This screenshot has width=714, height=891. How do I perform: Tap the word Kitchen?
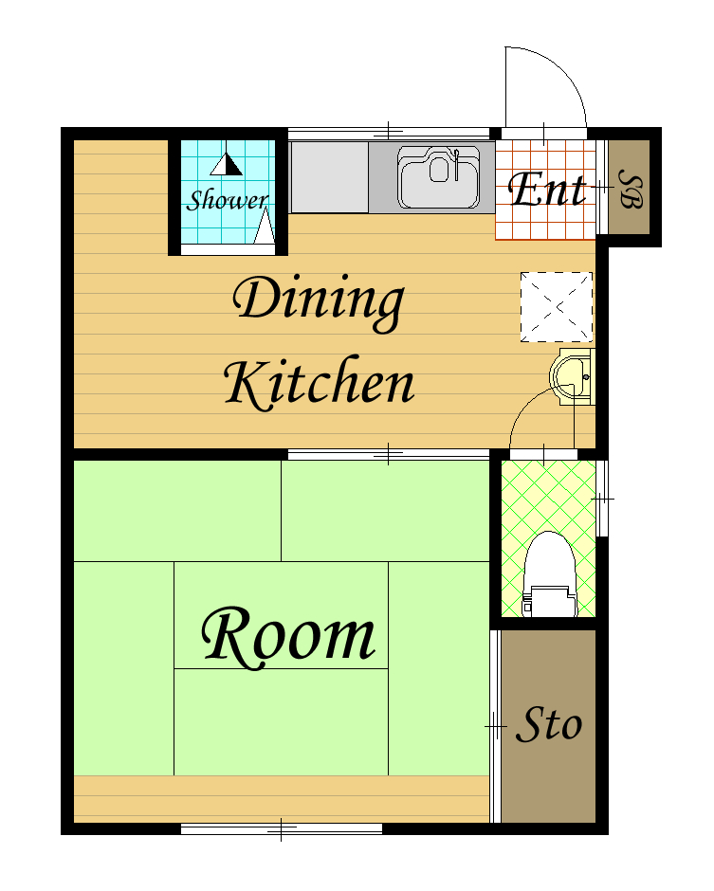tap(319, 382)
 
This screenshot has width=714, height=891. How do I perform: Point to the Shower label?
tap(228, 200)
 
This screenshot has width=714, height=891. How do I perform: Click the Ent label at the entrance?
tap(546, 189)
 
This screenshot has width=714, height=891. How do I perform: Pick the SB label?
tap(631, 189)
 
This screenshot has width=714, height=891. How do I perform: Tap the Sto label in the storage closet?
tap(549, 724)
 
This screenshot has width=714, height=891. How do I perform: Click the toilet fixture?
tap(549, 573)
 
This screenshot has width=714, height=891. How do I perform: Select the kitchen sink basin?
tap(438, 177)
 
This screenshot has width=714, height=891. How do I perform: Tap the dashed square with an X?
tap(557, 307)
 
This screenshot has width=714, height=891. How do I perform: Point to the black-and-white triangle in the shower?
tap(227, 164)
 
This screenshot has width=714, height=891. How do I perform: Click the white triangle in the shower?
tap(265, 227)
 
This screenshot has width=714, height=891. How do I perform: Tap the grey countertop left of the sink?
tap(329, 177)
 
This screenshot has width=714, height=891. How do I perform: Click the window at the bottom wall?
tap(282, 829)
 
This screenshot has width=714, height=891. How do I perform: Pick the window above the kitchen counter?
tap(388, 134)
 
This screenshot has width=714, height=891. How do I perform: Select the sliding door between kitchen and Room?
tap(388, 455)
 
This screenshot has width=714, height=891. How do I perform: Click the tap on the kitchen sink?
tap(456, 164)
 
